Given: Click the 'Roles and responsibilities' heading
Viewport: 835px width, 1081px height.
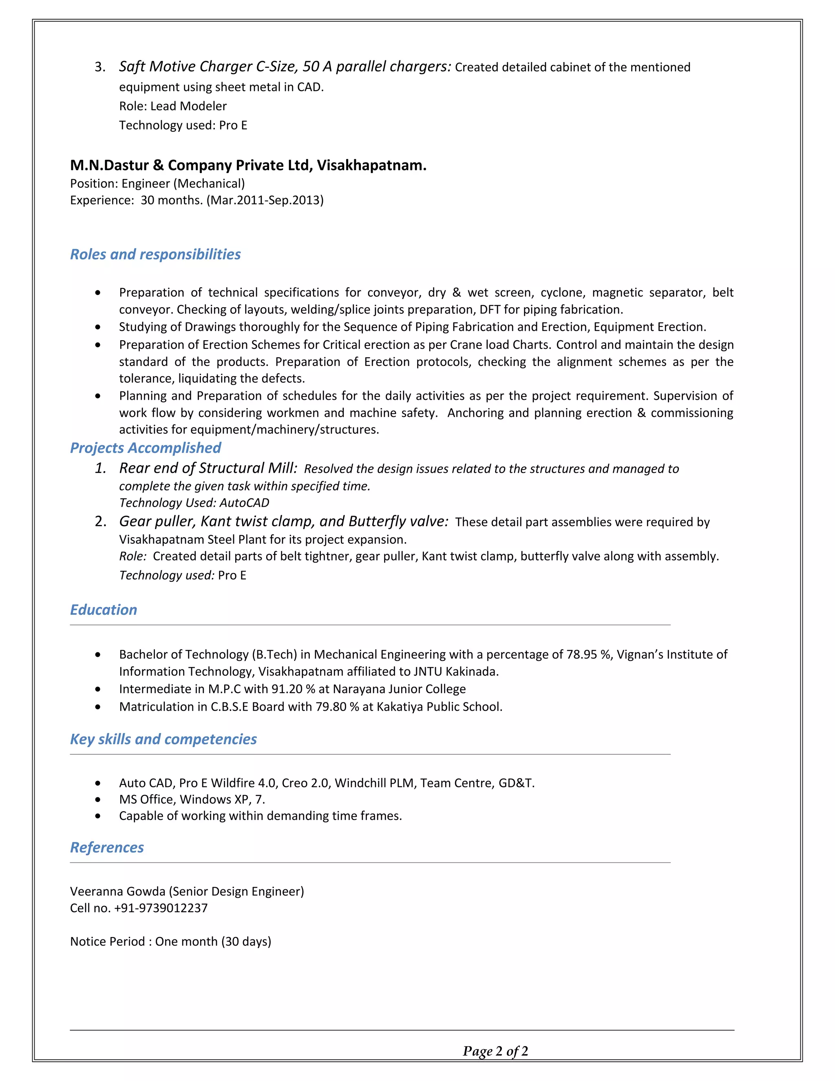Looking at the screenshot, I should coord(155,255).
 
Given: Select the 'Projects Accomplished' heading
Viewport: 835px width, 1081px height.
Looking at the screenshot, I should coord(146,448).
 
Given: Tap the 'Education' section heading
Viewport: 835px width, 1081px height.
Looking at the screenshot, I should coord(104,610).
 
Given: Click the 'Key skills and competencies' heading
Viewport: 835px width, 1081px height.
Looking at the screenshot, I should coord(163,739).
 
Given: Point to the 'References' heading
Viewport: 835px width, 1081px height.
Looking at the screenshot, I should coord(107,847).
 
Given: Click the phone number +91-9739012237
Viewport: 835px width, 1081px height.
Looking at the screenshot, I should coord(161,908).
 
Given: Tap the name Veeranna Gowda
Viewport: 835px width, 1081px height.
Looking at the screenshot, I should coord(118,891).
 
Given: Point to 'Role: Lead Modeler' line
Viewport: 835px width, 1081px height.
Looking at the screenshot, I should coord(172,106).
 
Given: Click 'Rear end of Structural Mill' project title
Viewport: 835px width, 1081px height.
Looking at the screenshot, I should coord(208,468).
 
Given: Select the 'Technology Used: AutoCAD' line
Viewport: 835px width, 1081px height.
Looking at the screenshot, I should coord(194,503).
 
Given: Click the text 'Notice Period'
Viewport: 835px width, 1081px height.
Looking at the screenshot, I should coord(107,941).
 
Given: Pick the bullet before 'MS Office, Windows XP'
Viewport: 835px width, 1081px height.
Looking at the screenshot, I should coord(98,800).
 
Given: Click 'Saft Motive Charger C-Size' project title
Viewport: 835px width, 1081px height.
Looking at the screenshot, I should coord(208,67).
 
